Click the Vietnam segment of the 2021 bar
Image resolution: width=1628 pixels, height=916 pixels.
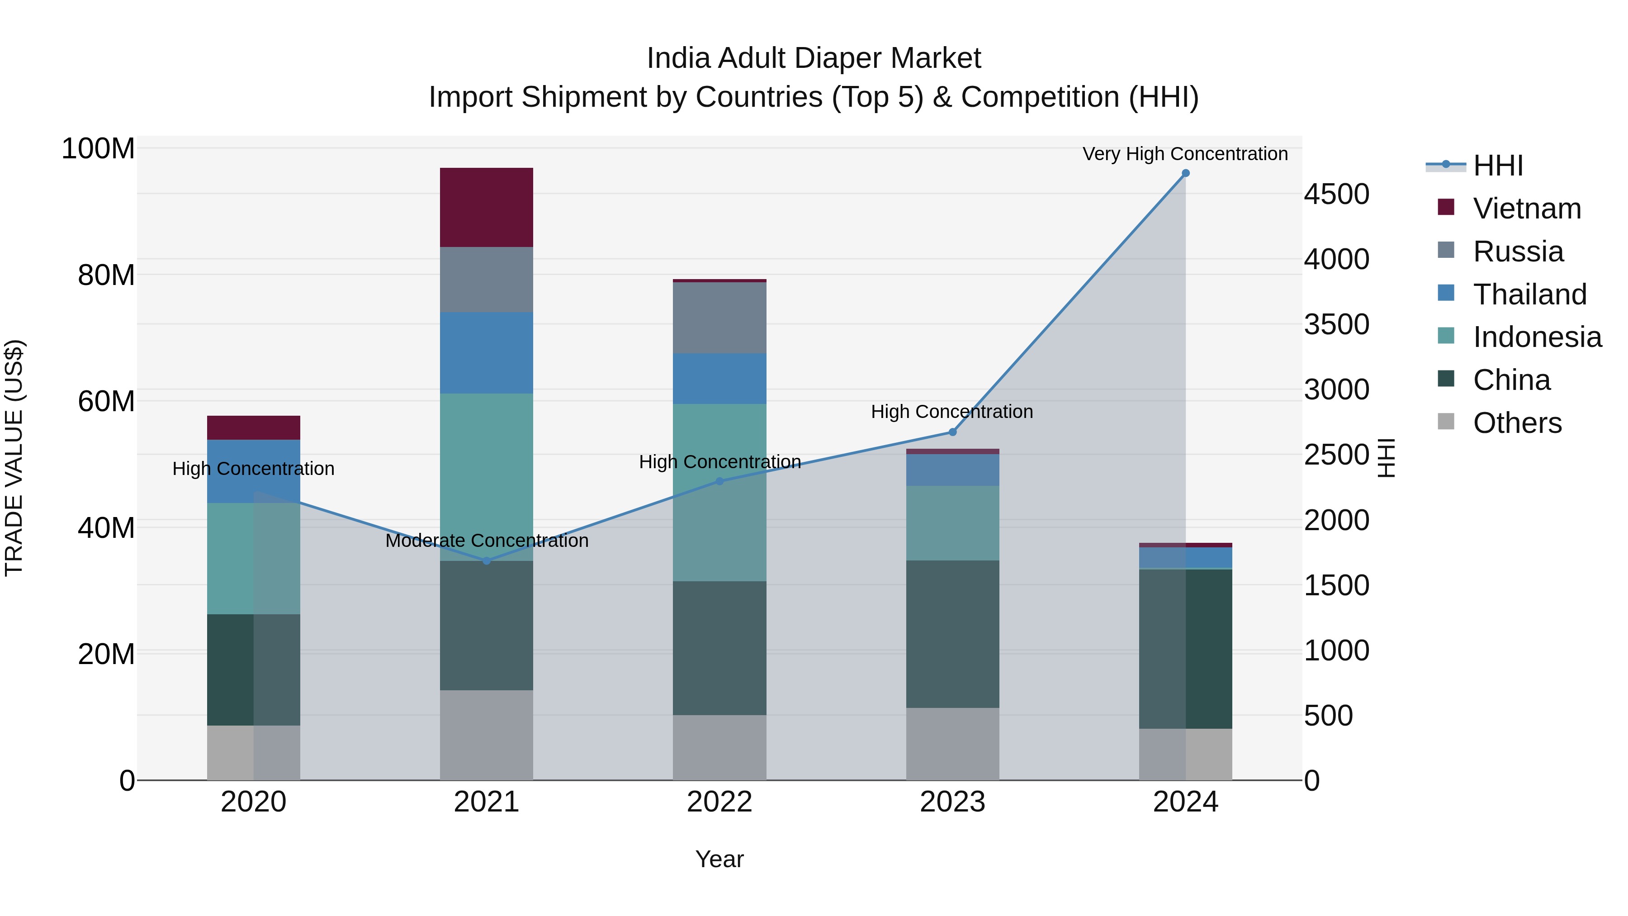click(486, 207)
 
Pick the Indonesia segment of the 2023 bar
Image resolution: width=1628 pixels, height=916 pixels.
click(952, 523)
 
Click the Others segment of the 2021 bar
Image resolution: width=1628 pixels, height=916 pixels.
click(486, 735)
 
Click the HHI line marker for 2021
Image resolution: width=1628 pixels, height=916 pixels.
click(486, 561)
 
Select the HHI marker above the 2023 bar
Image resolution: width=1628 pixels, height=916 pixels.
click(952, 432)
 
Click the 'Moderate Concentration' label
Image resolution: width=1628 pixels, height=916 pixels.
click(487, 541)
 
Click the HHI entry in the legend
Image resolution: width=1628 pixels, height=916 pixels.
click(1497, 166)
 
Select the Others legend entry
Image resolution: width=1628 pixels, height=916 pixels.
click(1516, 423)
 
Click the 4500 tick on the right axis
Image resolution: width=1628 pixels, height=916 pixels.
click(1336, 194)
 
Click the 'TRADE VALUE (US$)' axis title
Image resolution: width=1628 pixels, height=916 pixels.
click(14, 458)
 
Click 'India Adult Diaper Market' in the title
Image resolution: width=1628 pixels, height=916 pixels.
click(814, 58)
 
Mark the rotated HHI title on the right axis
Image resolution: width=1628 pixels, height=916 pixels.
click(1385, 458)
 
